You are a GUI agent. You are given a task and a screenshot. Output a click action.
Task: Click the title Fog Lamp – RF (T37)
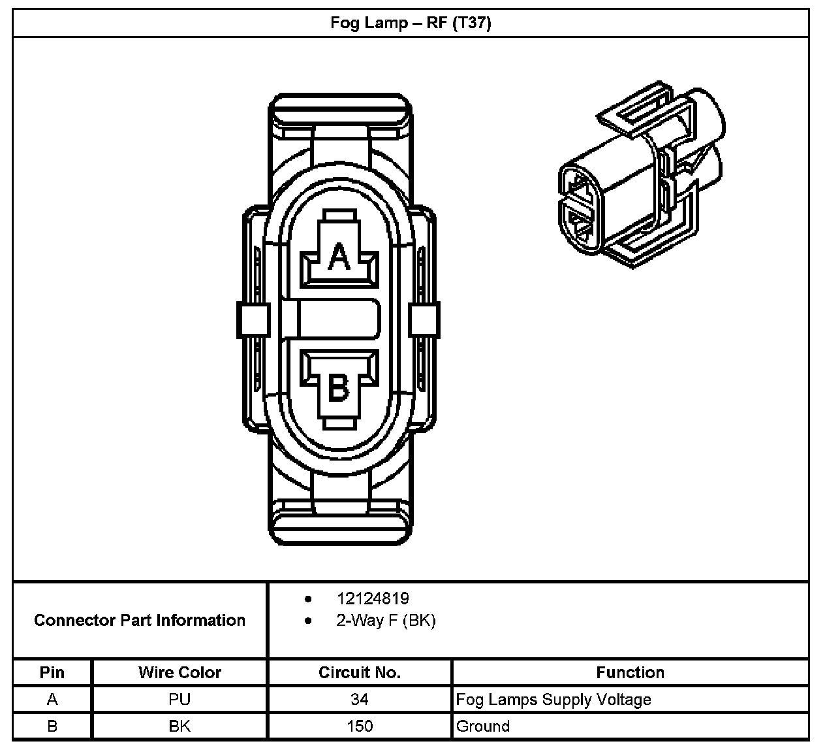pos(411,24)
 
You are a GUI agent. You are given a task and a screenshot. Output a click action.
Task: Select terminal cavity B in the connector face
pos(339,386)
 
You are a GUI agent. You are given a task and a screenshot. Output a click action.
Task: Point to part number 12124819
pos(373,598)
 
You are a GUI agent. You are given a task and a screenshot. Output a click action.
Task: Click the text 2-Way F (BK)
pos(386,620)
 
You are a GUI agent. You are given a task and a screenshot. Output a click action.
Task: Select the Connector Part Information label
pos(140,620)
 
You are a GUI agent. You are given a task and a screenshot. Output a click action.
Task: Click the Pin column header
pos(52,672)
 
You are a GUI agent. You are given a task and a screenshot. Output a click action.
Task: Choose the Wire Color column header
pos(179,672)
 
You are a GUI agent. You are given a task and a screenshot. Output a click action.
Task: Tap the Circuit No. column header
pos(359,672)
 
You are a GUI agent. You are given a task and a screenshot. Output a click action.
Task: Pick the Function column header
pos(630,672)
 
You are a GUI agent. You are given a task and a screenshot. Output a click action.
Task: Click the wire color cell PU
pos(179,700)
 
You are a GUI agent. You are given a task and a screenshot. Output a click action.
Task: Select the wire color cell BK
pos(179,726)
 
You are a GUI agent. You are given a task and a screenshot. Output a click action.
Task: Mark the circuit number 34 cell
pos(359,700)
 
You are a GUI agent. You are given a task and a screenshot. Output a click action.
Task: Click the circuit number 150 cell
pos(359,726)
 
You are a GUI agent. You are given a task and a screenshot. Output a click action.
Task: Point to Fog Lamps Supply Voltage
pos(553,700)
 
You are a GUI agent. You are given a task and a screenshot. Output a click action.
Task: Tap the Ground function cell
pos(483,726)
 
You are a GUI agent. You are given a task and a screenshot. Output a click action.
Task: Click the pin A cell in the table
pos(52,700)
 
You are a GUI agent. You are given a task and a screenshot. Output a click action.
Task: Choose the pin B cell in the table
pos(52,726)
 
